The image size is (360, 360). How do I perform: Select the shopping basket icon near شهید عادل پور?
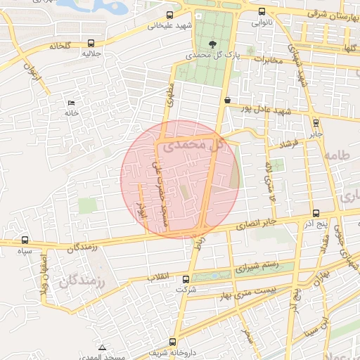click(227, 101)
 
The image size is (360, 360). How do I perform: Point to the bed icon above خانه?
click(71, 103)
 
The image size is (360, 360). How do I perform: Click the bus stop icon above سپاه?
click(25, 240)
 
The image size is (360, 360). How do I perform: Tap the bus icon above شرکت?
click(184, 276)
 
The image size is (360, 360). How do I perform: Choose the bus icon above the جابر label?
click(316, 121)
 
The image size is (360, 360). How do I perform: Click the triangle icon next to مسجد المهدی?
click(103, 347)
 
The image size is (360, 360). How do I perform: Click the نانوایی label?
click(262, 22)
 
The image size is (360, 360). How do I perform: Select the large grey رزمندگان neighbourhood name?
click(79, 283)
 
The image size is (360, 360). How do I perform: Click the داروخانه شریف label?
click(168, 353)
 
